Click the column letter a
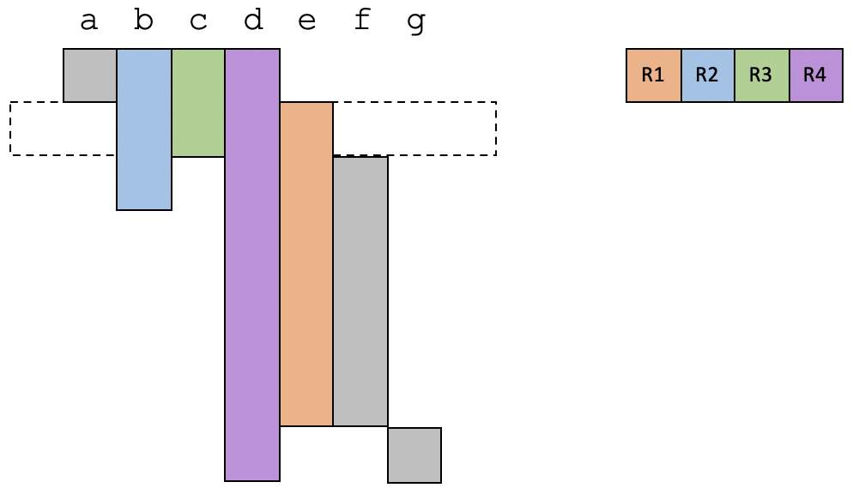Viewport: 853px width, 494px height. pyautogui.click(x=88, y=21)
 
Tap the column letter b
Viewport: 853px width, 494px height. pyautogui.click(x=143, y=21)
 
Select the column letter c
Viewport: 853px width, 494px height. pyautogui.click(x=198, y=21)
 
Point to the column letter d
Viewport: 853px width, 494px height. pyautogui.click(x=252, y=21)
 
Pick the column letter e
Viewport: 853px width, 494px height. pyautogui.click(x=306, y=21)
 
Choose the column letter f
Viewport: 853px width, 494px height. pyautogui.click(x=361, y=21)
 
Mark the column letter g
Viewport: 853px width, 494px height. pyautogui.click(x=416, y=22)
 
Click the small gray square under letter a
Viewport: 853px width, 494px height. pyautogui.click(x=90, y=75)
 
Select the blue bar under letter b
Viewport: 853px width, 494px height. pyautogui.click(x=144, y=129)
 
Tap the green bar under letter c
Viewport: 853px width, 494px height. pyautogui.click(x=198, y=103)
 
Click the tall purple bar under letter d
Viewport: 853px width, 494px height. pyautogui.click(x=252, y=266)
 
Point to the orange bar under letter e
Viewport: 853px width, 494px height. pyautogui.click(x=306, y=263)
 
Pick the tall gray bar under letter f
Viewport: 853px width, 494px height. pyautogui.click(x=360, y=291)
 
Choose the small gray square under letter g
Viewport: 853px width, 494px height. pyautogui.click(x=414, y=455)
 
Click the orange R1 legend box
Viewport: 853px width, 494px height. pyautogui.click(x=653, y=75)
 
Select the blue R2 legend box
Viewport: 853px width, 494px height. pyautogui.click(x=708, y=75)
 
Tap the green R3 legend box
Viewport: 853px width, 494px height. pyautogui.click(x=762, y=75)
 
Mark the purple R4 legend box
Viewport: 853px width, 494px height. pyautogui.click(x=816, y=75)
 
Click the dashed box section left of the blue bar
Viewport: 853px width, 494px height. pyautogui.click(x=63, y=129)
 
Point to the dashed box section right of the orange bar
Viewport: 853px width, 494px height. pyautogui.click(x=414, y=129)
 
